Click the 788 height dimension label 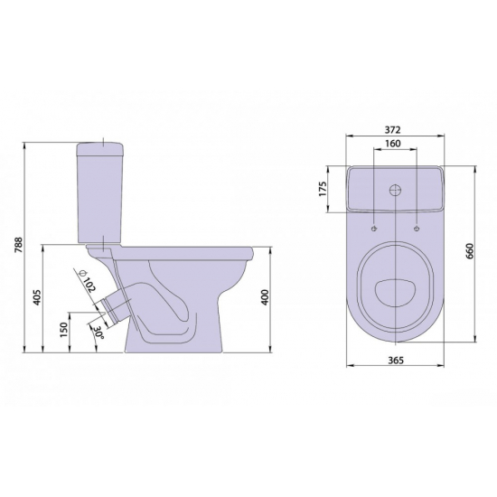pos(19,245)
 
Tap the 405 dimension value pos(38,297)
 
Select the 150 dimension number pos(64,330)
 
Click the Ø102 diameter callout pos(87,281)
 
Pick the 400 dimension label pos(265,297)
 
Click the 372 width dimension pos(393,129)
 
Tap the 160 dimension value pos(393,144)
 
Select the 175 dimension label pos(323,189)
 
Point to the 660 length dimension pos(469,251)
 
